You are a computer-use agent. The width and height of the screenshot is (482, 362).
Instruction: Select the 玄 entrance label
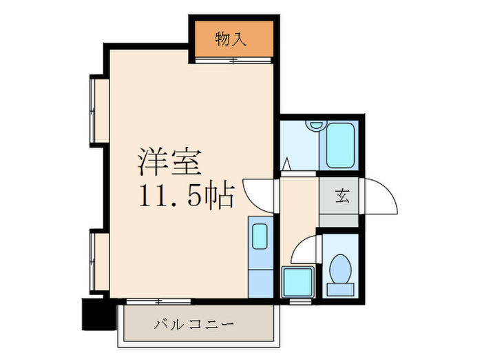pos(342,196)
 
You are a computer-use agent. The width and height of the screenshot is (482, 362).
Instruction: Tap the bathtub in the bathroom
pos(340,145)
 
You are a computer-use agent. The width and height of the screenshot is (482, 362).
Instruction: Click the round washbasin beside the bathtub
pos(316,126)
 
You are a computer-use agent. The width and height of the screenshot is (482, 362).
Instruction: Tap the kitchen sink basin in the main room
pos(260,237)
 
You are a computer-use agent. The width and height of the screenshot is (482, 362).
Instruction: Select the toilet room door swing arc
pos(306,248)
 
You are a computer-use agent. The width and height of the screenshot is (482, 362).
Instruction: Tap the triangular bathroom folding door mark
pos(287,165)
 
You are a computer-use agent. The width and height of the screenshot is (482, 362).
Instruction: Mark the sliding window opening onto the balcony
pos(158,301)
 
